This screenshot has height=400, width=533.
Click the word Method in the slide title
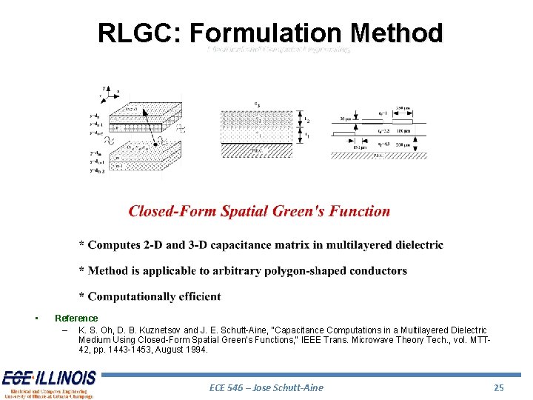[398, 33]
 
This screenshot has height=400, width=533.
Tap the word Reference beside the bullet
[76, 319]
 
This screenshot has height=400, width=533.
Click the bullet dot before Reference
[36, 319]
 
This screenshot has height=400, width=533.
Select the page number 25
[499, 387]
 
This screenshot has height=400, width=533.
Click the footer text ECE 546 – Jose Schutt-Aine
[267, 387]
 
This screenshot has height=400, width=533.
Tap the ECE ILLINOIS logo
[48, 384]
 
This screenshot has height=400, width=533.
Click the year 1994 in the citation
[198, 350]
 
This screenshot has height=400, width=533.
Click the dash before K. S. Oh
[65, 330]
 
